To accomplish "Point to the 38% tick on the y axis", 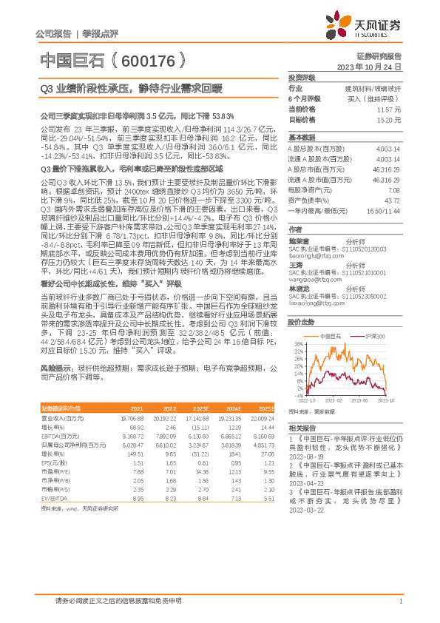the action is click(x=298, y=345).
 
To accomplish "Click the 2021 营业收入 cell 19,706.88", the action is click(x=132, y=418).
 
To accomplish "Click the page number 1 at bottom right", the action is click(x=400, y=601).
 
